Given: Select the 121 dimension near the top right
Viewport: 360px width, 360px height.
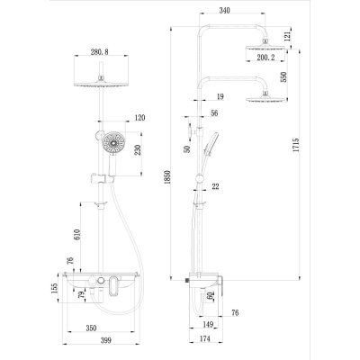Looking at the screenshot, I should [x=287, y=35].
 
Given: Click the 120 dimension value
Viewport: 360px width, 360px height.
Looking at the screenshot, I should [x=139, y=118].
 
